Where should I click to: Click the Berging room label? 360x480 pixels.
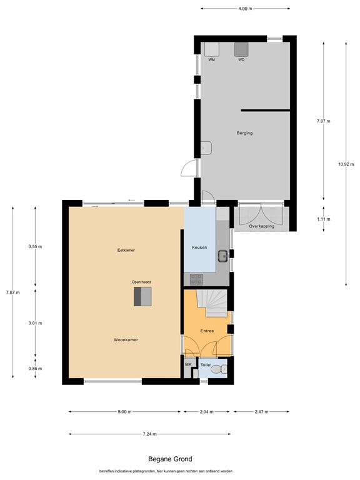tap(244, 133)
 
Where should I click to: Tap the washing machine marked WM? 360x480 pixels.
tap(211, 49)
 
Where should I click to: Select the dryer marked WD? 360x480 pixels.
tap(241, 49)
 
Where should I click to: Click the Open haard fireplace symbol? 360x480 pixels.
tap(142, 296)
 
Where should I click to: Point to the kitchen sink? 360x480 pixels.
tap(223, 256)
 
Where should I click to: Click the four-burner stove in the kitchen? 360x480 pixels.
tap(196, 279)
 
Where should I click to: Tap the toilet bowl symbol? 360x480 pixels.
tap(219, 369)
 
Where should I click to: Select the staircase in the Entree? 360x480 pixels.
tap(211, 303)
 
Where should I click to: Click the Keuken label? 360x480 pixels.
tap(199, 247)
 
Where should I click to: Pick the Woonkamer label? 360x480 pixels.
tap(126, 340)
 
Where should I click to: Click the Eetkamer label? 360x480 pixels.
tap(126, 250)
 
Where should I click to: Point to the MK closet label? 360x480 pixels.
tap(188, 364)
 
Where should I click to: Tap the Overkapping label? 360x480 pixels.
tap(261, 226)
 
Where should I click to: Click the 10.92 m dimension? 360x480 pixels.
tap(346, 164)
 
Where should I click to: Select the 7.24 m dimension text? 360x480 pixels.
tap(150, 434)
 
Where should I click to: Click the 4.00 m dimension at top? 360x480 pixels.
tap(245, 9)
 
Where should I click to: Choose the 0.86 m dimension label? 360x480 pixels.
tap(35, 369)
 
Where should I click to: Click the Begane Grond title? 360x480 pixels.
tap(170, 459)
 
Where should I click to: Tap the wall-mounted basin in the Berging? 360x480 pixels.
tap(206, 148)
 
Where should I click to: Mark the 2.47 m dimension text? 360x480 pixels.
tap(261, 412)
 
